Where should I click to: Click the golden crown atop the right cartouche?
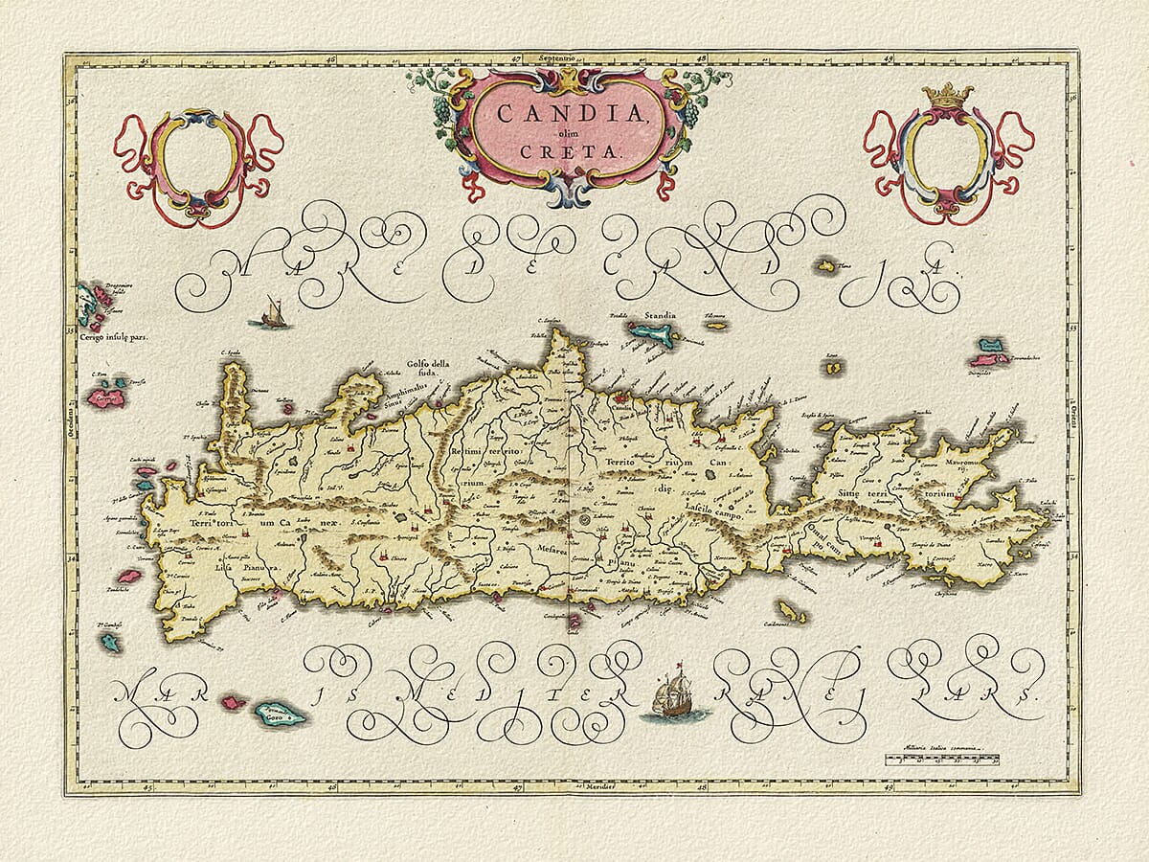(x=946, y=95)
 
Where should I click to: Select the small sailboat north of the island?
(x=272, y=314)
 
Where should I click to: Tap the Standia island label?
(x=661, y=314)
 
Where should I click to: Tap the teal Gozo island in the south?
(x=279, y=714)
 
